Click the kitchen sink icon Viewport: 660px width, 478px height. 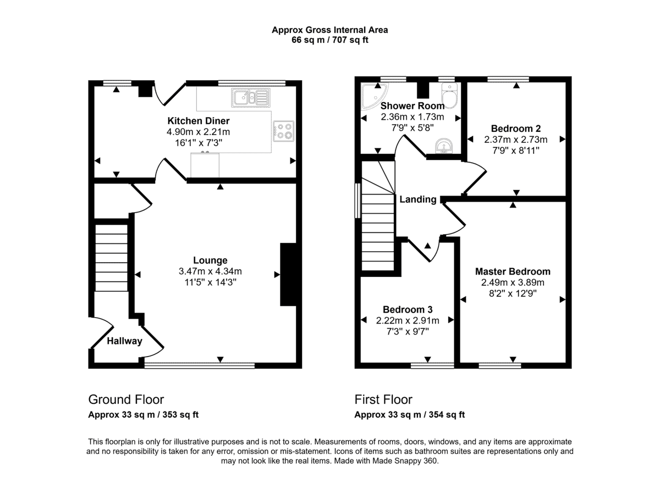[x=251, y=97]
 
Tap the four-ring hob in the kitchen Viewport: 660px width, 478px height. [x=283, y=131]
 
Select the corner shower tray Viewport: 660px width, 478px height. [x=374, y=96]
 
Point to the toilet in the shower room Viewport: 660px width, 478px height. [x=450, y=96]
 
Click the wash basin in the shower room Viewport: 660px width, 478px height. [x=444, y=146]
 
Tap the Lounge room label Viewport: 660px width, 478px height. [x=210, y=260]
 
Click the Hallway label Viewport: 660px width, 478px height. [x=124, y=341]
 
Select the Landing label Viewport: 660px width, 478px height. [x=418, y=199]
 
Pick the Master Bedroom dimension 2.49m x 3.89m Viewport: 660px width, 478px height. [x=513, y=282]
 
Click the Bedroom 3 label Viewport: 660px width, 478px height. [x=408, y=309]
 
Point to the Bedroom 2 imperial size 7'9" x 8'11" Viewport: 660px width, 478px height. [x=516, y=151]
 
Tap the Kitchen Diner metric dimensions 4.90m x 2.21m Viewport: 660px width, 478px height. [x=199, y=131]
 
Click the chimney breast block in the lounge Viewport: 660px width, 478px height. [x=288, y=274]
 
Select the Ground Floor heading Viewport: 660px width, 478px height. [x=126, y=399]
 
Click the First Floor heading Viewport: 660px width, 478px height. [x=383, y=399]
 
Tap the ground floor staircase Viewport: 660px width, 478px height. [x=111, y=258]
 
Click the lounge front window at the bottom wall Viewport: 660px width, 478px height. [x=200, y=365]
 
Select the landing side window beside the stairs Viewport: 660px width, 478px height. [x=358, y=201]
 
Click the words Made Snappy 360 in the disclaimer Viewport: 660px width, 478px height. [x=405, y=460]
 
